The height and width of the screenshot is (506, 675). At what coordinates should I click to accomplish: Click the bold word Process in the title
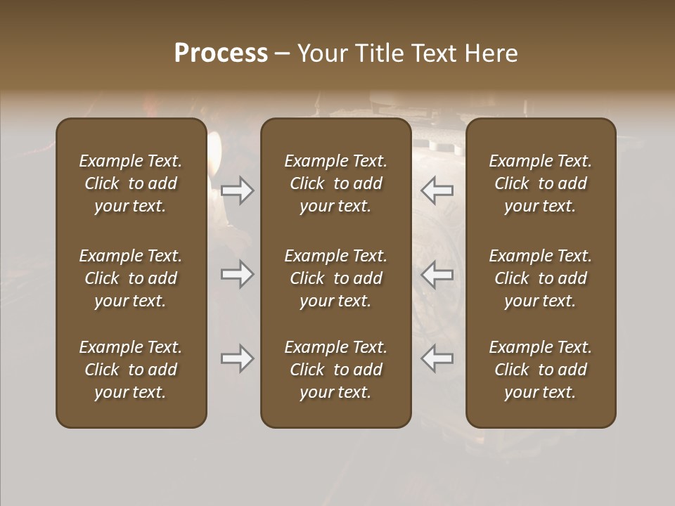[221, 53]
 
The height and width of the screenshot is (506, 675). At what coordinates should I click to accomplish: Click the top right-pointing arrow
[238, 190]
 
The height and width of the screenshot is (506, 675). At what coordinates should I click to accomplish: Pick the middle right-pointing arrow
[238, 274]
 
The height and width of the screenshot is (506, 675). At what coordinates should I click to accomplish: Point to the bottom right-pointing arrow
[238, 358]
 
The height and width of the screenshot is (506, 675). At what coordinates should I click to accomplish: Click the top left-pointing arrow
[437, 190]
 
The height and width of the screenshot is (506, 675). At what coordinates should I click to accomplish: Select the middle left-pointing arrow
[437, 274]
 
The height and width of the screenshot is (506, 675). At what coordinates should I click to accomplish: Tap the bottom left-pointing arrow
[437, 358]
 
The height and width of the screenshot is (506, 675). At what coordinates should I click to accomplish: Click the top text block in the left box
[131, 183]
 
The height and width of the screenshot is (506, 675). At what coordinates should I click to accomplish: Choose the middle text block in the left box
[131, 278]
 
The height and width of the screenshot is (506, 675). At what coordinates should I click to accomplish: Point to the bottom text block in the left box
[131, 370]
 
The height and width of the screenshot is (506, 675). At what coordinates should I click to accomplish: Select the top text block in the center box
[335, 183]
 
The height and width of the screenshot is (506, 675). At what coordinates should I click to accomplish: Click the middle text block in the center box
[335, 278]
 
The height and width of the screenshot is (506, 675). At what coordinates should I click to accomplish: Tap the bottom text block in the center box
[335, 370]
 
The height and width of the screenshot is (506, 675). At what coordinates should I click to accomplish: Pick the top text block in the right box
[540, 183]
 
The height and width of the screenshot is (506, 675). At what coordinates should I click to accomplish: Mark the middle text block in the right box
[540, 278]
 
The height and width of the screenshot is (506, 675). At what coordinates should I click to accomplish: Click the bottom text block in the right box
[540, 370]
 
